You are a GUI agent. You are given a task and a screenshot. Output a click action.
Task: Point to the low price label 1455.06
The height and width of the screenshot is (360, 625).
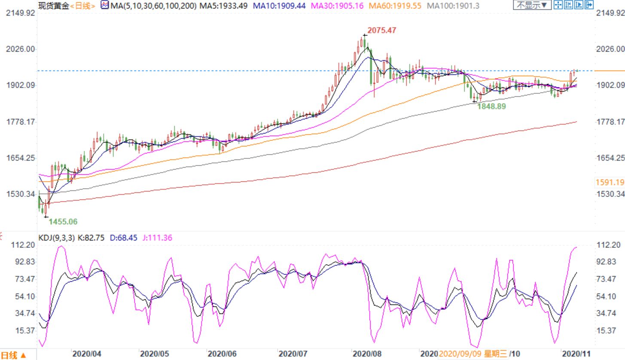click(x=63, y=222)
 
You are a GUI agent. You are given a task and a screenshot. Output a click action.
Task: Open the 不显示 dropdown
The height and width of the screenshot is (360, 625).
click(x=531, y=6)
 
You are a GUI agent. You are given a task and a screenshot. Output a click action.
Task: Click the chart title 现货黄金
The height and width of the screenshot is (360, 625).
click(x=53, y=6)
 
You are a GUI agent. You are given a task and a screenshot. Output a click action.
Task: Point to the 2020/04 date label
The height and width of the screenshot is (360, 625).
click(x=87, y=354)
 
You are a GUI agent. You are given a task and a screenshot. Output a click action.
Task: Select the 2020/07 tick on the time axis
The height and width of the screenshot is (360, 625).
click(x=293, y=354)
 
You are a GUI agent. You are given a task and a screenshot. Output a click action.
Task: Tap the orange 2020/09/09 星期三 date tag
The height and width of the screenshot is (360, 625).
click(x=472, y=354)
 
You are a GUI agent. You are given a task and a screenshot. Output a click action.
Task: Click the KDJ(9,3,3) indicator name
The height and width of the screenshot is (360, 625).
click(x=57, y=238)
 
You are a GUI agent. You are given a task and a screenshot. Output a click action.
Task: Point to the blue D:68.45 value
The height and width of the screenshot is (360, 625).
click(x=122, y=238)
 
